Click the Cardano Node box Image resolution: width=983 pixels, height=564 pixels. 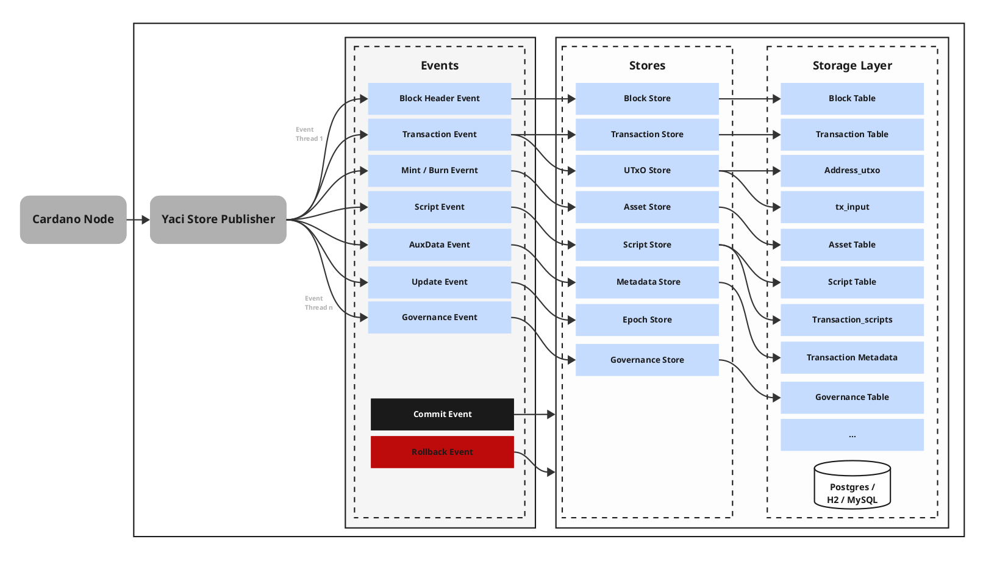coord(73,220)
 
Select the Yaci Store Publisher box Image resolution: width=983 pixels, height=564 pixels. coord(218,220)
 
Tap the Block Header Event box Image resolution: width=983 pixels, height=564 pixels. coord(439,99)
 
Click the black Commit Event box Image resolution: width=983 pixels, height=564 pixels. coord(442,415)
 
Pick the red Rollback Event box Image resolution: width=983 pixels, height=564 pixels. coord(442,452)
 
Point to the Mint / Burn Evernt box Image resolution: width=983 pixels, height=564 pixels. coord(439,171)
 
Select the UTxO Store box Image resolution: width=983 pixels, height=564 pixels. coord(647,171)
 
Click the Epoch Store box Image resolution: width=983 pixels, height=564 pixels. coord(647,320)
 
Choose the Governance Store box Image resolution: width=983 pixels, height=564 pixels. coord(647,360)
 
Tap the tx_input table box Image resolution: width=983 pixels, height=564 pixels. coord(852,207)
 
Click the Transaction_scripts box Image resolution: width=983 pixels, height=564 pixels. coord(852,320)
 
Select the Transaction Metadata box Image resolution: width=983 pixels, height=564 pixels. coord(852,358)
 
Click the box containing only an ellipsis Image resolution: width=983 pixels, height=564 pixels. coord(852,435)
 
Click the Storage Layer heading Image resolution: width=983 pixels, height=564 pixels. coord(852,66)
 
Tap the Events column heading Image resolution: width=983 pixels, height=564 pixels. coord(439,66)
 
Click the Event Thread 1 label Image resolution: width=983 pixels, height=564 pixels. coord(309,134)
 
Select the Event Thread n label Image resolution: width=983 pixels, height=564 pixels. coord(318,303)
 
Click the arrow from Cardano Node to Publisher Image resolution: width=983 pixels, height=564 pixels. coord(138,220)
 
